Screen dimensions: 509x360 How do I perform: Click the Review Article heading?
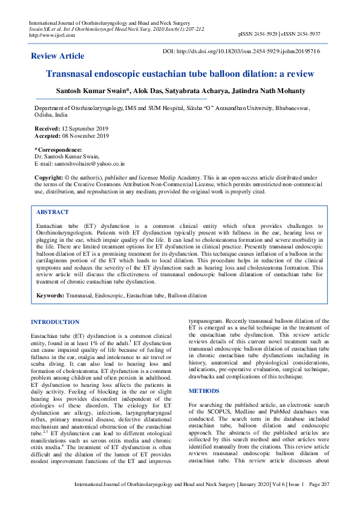pyautogui.click(x=57, y=56)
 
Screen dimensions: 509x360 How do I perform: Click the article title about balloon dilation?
pyautogui.click(x=180, y=74)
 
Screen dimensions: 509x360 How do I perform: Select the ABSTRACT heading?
pyautogui.click(x=53, y=213)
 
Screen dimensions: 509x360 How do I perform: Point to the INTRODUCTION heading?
pyautogui.click(x=55, y=322)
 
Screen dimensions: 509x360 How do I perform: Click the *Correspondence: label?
pyautogui.click(x=57, y=149)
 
